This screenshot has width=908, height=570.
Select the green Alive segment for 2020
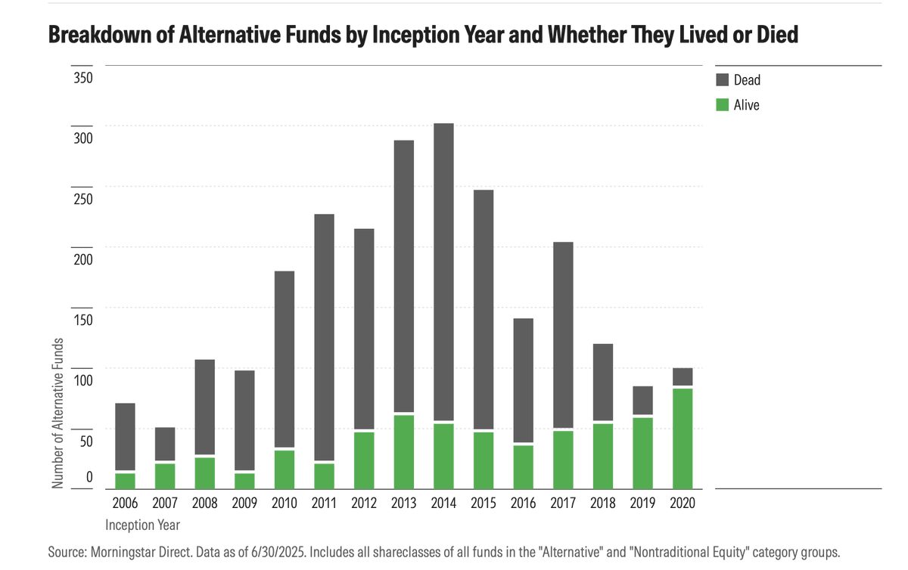683,438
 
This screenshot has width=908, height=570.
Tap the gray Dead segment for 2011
324,336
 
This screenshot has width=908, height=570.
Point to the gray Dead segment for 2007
165,444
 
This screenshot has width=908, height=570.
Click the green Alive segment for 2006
125,481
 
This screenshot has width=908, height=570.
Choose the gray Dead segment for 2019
642,400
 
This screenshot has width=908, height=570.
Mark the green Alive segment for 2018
603,456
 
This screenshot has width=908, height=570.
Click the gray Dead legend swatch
721,79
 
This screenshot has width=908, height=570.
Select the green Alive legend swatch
721,105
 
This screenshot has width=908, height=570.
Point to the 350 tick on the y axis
82,78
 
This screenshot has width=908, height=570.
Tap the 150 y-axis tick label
82,320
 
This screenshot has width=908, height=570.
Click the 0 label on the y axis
89,477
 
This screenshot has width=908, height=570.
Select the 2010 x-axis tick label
284,502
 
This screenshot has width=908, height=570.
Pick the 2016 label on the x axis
523,502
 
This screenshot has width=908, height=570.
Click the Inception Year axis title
143,524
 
